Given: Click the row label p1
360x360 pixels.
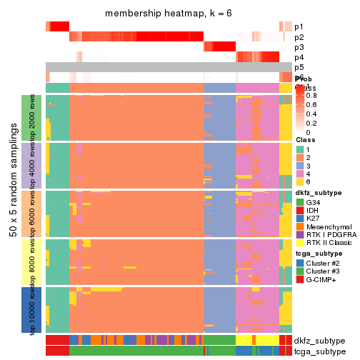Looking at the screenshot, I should [x=299, y=26].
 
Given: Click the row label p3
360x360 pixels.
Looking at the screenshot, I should [x=299, y=47].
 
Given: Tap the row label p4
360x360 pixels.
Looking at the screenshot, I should [x=299, y=57].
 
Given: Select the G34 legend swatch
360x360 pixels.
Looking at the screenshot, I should [x=300, y=202].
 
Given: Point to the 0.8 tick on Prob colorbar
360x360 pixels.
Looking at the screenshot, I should [x=314, y=95].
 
